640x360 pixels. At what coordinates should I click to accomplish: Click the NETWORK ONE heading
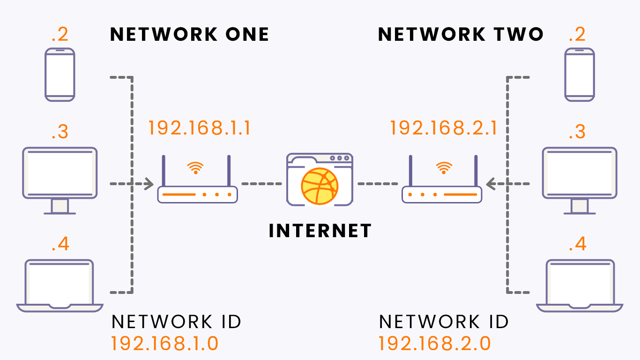(x=189, y=34)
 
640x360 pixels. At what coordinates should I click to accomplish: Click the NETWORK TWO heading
(x=461, y=34)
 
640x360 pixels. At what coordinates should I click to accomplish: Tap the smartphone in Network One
(x=60, y=75)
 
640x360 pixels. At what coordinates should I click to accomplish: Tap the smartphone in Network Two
(x=580, y=75)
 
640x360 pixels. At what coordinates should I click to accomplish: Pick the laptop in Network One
(x=60, y=285)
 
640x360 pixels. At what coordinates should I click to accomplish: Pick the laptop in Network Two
(x=580, y=285)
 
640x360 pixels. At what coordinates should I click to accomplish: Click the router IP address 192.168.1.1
(x=200, y=128)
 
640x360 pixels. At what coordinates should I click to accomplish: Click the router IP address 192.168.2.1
(x=444, y=128)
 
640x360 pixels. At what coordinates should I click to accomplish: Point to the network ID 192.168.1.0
(x=164, y=343)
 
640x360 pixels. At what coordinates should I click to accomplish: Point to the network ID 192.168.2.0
(x=435, y=343)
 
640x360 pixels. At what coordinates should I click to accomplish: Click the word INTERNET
(x=320, y=231)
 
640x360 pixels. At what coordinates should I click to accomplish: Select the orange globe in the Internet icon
(x=320, y=187)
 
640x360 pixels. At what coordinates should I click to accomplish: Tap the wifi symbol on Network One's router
(x=195, y=168)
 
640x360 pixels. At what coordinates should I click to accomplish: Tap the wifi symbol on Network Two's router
(x=444, y=168)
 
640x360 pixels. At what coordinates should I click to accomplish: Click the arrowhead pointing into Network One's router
(x=149, y=184)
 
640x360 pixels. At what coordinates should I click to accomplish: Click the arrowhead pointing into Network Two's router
(x=490, y=184)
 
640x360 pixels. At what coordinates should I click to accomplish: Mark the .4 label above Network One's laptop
(x=60, y=244)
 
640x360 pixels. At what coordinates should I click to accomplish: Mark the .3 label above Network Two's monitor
(x=577, y=132)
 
